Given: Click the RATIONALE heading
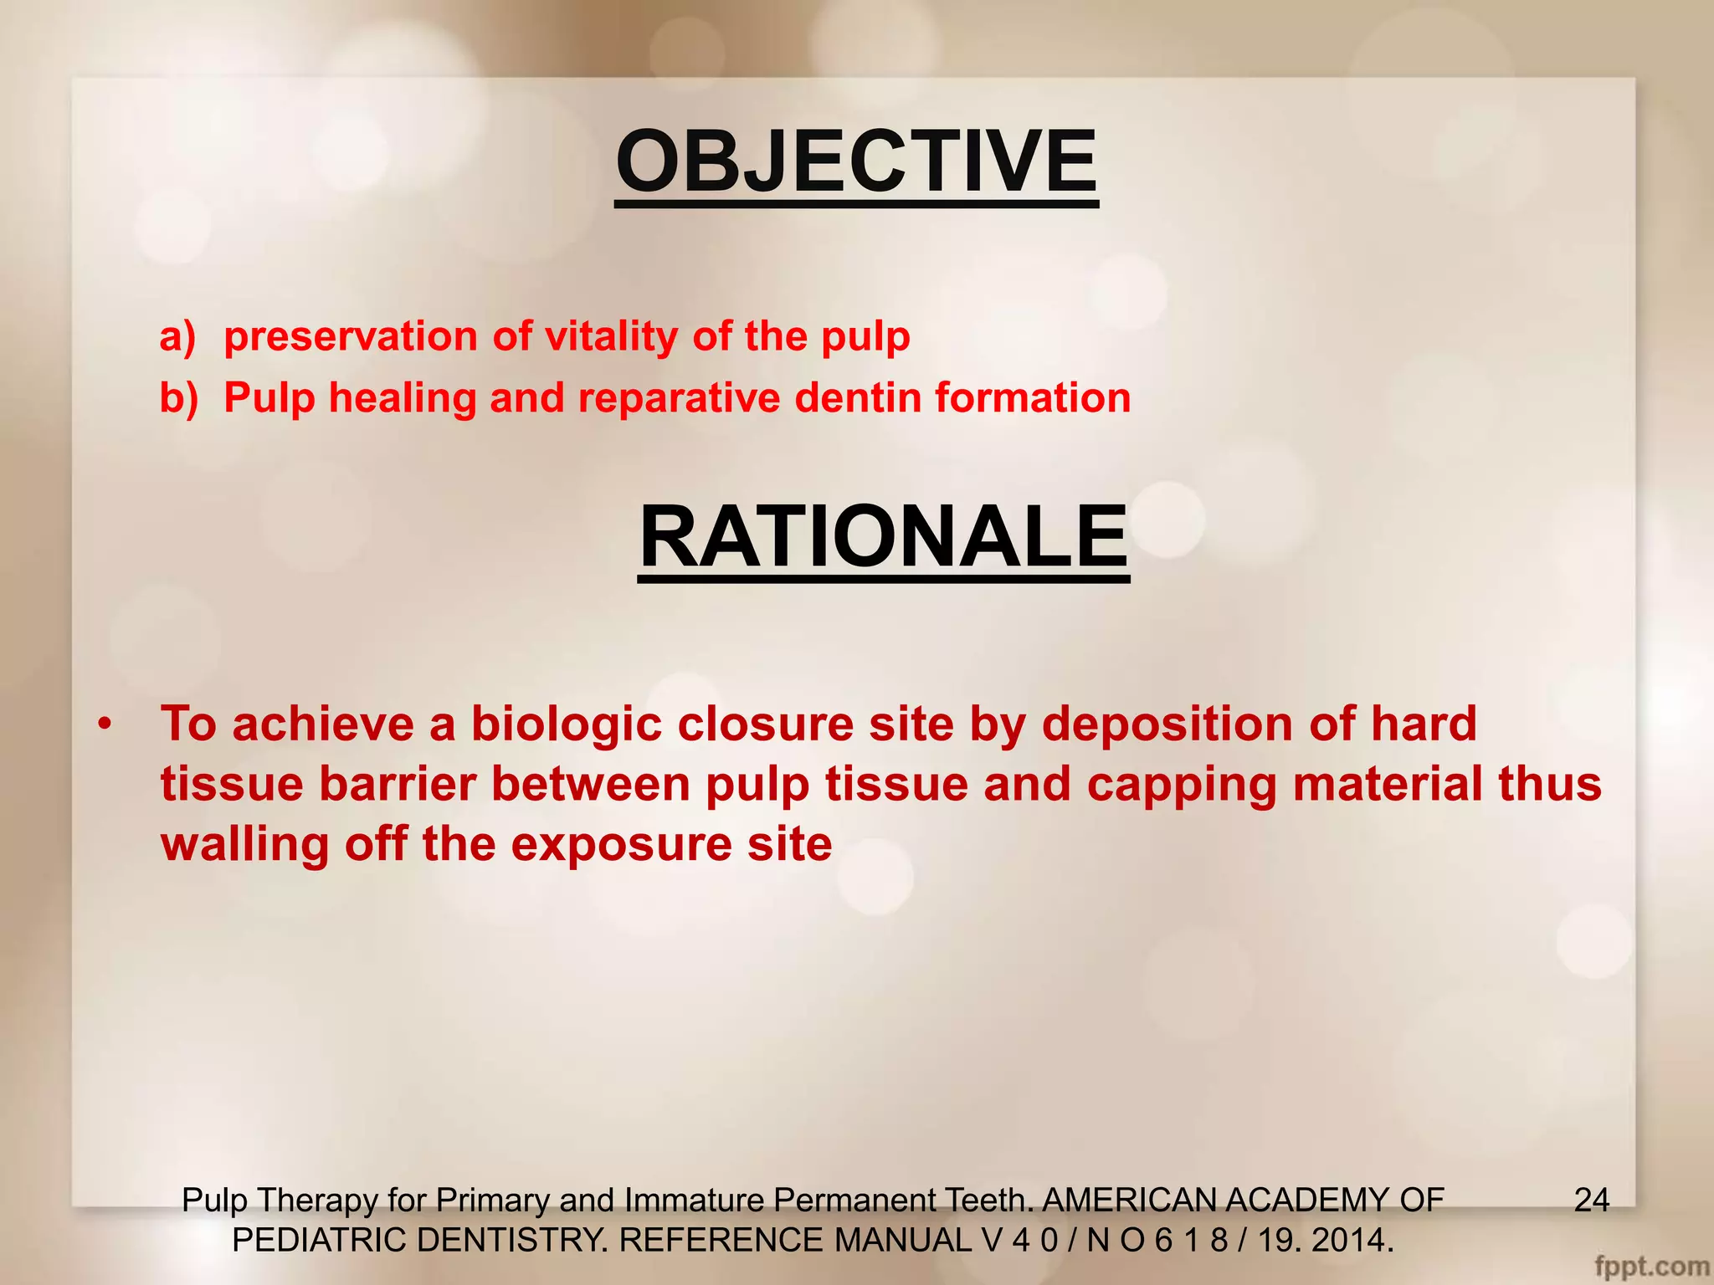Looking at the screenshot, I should [883, 537].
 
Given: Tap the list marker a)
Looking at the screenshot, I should [177, 336].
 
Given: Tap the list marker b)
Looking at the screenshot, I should [178, 398].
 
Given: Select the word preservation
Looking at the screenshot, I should [351, 337].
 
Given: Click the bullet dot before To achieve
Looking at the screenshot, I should [104, 724].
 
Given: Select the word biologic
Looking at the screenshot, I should [566, 724].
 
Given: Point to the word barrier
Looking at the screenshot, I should [397, 785].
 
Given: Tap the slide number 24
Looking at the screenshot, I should [1591, 1201].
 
